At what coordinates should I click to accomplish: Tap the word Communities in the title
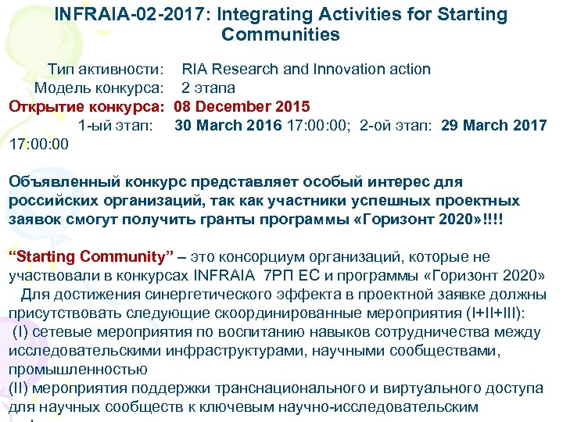point(281,34)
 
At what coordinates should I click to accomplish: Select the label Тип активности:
point(105,69)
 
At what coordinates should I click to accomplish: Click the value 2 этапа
point(209,88)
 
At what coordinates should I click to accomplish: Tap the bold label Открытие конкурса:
point(87,106)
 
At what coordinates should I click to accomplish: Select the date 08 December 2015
point(242,106)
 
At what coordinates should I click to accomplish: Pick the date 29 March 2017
point(493,125)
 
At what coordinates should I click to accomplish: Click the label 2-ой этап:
point(397,125)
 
